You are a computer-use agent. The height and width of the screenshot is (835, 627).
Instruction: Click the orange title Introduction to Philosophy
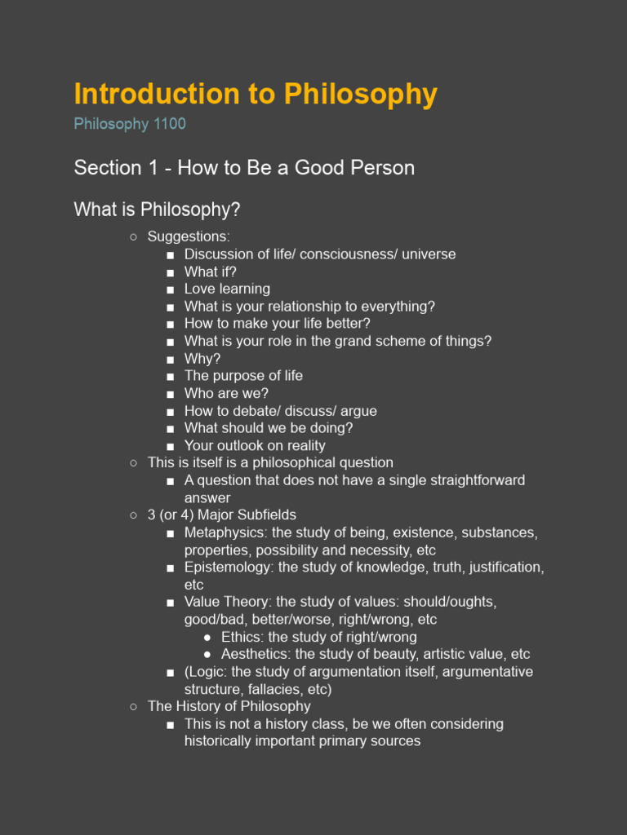256,95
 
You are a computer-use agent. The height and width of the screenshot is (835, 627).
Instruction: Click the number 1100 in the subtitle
169,124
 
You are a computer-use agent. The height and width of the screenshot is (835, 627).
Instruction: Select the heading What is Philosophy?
157,210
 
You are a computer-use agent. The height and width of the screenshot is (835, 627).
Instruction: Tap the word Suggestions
188,236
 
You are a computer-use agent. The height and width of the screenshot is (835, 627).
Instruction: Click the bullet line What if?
210,272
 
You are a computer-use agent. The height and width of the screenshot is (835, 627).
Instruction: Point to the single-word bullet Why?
202,359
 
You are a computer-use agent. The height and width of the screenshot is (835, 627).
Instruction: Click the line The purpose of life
243,376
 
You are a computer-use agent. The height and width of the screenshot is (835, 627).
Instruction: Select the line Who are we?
226,393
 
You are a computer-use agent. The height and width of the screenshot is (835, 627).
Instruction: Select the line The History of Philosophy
229,706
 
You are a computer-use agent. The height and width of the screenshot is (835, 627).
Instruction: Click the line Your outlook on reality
255,445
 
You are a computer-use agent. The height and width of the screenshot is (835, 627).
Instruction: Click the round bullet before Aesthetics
207,655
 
